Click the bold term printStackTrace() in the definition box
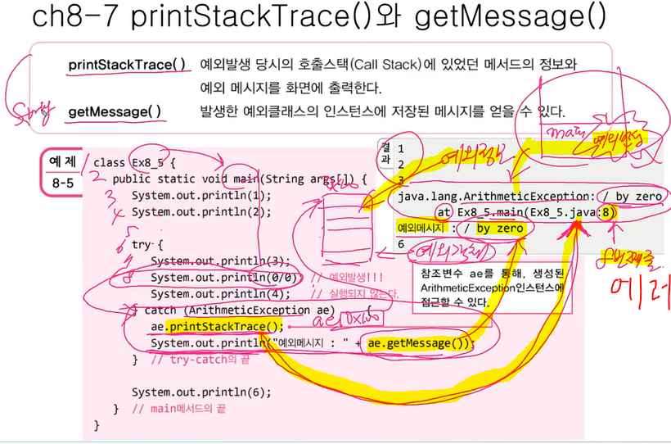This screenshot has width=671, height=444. pyautogui.click(x=127, y=65)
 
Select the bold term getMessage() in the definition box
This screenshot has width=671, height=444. pyautogui.click(x=115, y=111)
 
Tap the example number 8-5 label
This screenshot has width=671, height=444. pyautogui.click(x=60, y=183)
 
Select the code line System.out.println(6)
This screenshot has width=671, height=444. pyautogui.click(x=200, y=392)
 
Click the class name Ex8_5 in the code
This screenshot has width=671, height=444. pyautogui.click(x=148, y=162)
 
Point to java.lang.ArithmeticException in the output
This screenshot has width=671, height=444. pyautogui.click(x=490, y=197)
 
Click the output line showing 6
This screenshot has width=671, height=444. pyautogui.click(x=401, y=244)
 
